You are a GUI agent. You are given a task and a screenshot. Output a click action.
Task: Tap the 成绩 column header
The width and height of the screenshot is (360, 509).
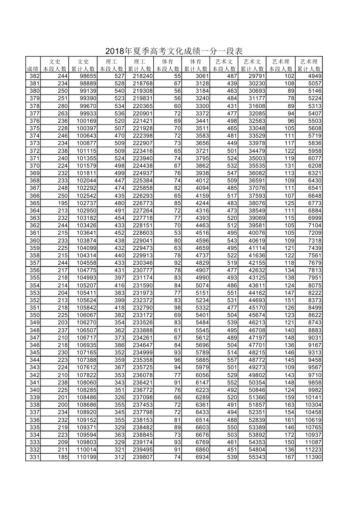click(33, 69)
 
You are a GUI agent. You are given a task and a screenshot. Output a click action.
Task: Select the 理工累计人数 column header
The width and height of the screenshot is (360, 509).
click(140, 65)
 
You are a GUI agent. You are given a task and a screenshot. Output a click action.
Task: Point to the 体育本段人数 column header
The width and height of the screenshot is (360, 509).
click(168, 65)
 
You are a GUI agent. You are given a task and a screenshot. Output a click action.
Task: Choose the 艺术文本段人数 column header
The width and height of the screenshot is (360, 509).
click(224, 65)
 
